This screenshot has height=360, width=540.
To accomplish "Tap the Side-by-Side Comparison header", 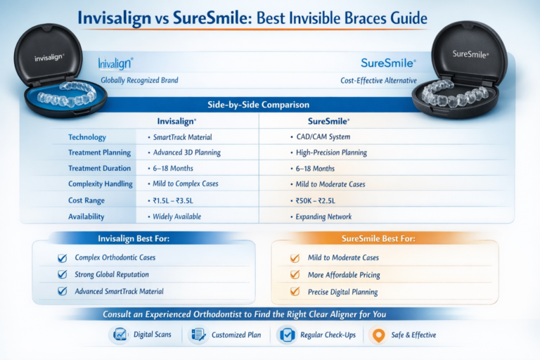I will pyautogui.click(x=258, y=104).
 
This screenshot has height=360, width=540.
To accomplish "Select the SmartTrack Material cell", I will pyautogui.click(x=181, y=136).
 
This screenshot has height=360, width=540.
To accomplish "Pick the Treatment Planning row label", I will pyautogui.click(x=99, y=153).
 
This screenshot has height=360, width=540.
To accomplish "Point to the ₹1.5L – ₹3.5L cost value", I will pyautogui.click(x=176, y=200).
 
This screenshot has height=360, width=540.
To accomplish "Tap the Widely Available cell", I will pyautogui.click(x=178, y=217).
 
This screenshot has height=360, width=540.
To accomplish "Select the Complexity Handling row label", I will pyautogui.click(x=100, y=184).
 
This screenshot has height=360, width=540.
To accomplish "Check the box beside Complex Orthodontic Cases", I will pyautogui.click(x=61, y=257).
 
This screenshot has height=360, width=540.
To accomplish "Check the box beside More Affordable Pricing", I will pyautogui.click(x=294, y=275).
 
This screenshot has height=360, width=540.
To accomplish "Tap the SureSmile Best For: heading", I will pyautogui.click(x=384, y=239).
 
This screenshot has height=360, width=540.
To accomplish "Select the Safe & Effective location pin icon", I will pyautogui.click(x=378, y=335).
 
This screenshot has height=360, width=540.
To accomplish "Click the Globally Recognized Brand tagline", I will pyautogui.click(x=139, y=80).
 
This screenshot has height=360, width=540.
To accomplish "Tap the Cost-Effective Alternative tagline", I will pyautogui.click(x=378, y=80).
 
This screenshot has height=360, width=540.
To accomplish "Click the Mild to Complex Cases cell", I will pyautogui.click(x=186, y=184).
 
